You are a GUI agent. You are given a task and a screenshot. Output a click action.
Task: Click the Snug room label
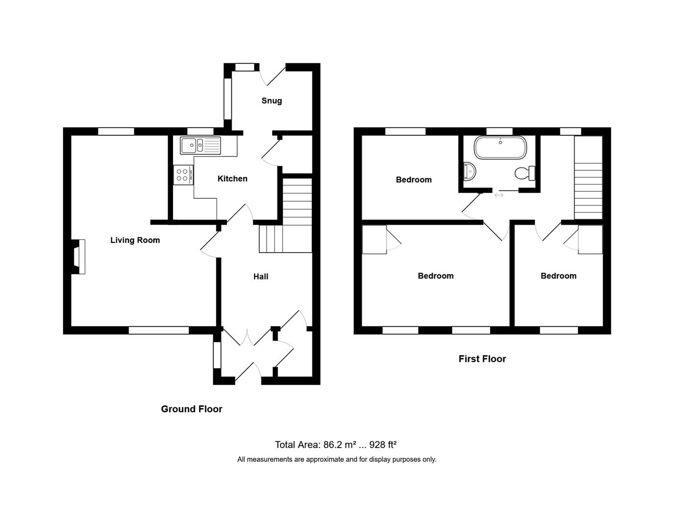pos(272,101)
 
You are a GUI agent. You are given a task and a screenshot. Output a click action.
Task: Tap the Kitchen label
pos(232,179)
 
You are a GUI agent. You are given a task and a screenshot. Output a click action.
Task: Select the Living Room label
pos(135,240)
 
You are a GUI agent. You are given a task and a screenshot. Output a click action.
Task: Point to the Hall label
pos(261,277)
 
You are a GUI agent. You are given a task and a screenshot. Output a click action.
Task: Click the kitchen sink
pos(200,145)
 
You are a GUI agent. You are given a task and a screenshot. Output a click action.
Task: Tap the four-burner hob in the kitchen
pos(183,175)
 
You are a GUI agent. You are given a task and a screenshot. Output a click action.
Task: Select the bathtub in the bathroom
pos(500,147)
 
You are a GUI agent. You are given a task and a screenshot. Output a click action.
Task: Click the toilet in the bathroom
pos(525,173)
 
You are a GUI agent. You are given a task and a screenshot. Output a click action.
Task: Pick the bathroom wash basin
pos(469,172)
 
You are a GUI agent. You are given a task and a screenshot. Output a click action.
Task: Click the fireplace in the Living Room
pos(78,257)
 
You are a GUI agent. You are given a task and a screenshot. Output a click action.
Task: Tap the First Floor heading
pos(482,359)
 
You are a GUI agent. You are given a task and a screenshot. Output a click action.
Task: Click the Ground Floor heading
pos(192,409)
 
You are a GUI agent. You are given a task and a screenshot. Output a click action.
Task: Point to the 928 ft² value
pos(383,445)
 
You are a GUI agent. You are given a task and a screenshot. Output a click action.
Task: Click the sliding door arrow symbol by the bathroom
pos(499,195)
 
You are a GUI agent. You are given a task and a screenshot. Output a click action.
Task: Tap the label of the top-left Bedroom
pos(414,180)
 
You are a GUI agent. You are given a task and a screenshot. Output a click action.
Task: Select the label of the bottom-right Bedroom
pos(558,276)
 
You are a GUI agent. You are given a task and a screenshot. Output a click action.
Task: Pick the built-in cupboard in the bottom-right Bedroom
pos(590,239)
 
